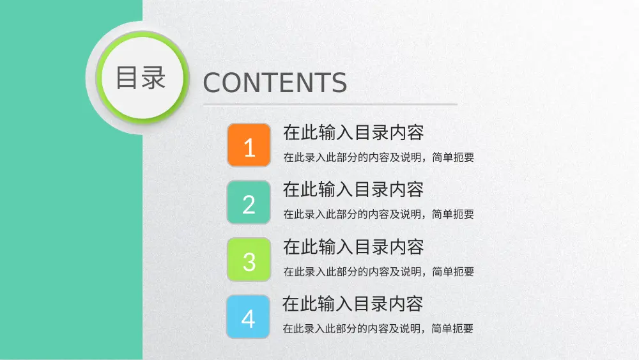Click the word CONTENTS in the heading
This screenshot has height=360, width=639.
[275, 83]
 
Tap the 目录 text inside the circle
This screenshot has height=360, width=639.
[141, 77]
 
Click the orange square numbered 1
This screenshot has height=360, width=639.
[249, 145]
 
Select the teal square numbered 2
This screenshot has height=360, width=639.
[249, 202]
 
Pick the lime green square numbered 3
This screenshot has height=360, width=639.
[249, 259]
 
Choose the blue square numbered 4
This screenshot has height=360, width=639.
[249, 316]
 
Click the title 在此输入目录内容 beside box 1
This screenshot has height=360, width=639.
[353, 133]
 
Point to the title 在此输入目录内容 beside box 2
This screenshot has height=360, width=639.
[353, 190]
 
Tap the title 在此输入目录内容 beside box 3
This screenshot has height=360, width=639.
[353, 247]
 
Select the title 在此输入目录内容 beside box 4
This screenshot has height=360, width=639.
[353, 304]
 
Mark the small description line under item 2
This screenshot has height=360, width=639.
[378, 214]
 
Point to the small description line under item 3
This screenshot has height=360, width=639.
[378, 272]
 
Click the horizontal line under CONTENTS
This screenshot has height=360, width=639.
[330, 104]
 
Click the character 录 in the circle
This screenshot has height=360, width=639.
[154, 77]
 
